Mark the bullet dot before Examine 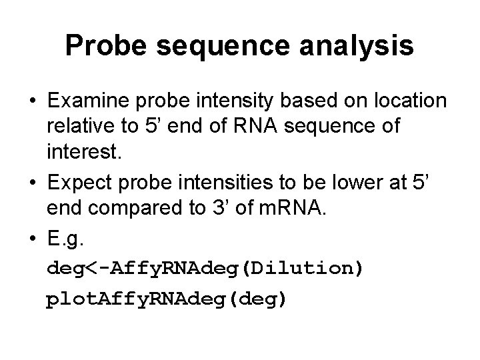[x=32, y=101]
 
